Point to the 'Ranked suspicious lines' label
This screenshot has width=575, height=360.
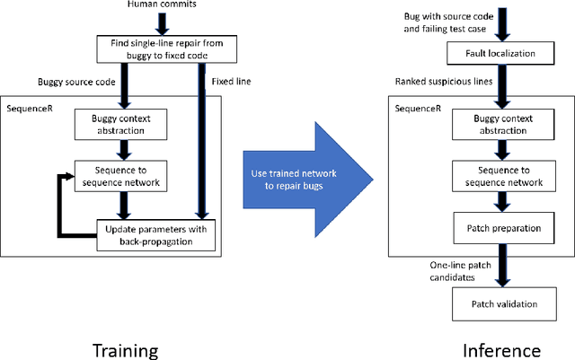click(437, 83)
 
